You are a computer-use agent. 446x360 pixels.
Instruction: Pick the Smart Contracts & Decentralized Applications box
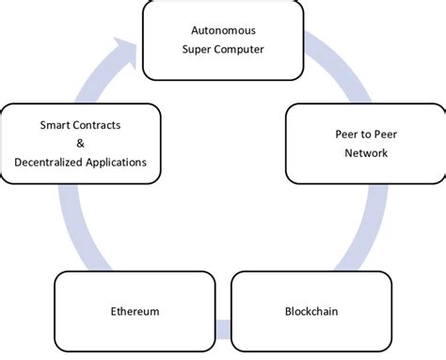pyautogui.click(x=81, y=143)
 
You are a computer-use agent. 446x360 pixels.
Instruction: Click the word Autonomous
pyautogui.click(x=223, y=29)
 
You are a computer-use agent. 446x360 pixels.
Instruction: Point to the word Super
pyautogui.click(x=199, y=50)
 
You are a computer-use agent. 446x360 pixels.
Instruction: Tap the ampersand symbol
pyautogui.click(x=81, y=143)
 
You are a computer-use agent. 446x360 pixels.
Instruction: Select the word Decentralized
pyautogui.click(x=53, y=163)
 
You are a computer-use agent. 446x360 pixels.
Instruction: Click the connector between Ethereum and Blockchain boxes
pyautogui.click(x=222, y=329)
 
